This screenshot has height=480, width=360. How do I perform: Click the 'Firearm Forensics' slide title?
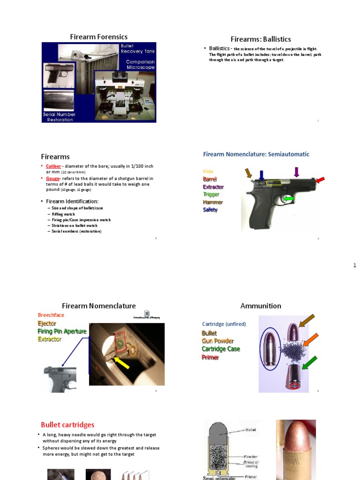98,37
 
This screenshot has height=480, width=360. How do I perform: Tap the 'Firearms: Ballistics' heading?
261,39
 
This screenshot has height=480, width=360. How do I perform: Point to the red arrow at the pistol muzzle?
320,180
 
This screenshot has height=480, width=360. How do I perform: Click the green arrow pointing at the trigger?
289,199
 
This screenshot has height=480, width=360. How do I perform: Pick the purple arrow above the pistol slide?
296,172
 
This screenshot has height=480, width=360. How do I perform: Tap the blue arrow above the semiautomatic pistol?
262,175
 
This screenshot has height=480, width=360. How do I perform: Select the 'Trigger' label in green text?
211,195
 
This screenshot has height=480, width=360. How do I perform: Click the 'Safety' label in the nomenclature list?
210,210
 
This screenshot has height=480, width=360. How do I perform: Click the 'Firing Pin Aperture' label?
62,331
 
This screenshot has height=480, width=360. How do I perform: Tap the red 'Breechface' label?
51,315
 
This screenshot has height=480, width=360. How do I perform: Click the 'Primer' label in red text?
210,357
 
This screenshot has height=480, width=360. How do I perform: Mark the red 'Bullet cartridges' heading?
67,425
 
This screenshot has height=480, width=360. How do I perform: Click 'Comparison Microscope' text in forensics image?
140,65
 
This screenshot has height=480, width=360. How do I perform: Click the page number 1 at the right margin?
355,266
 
